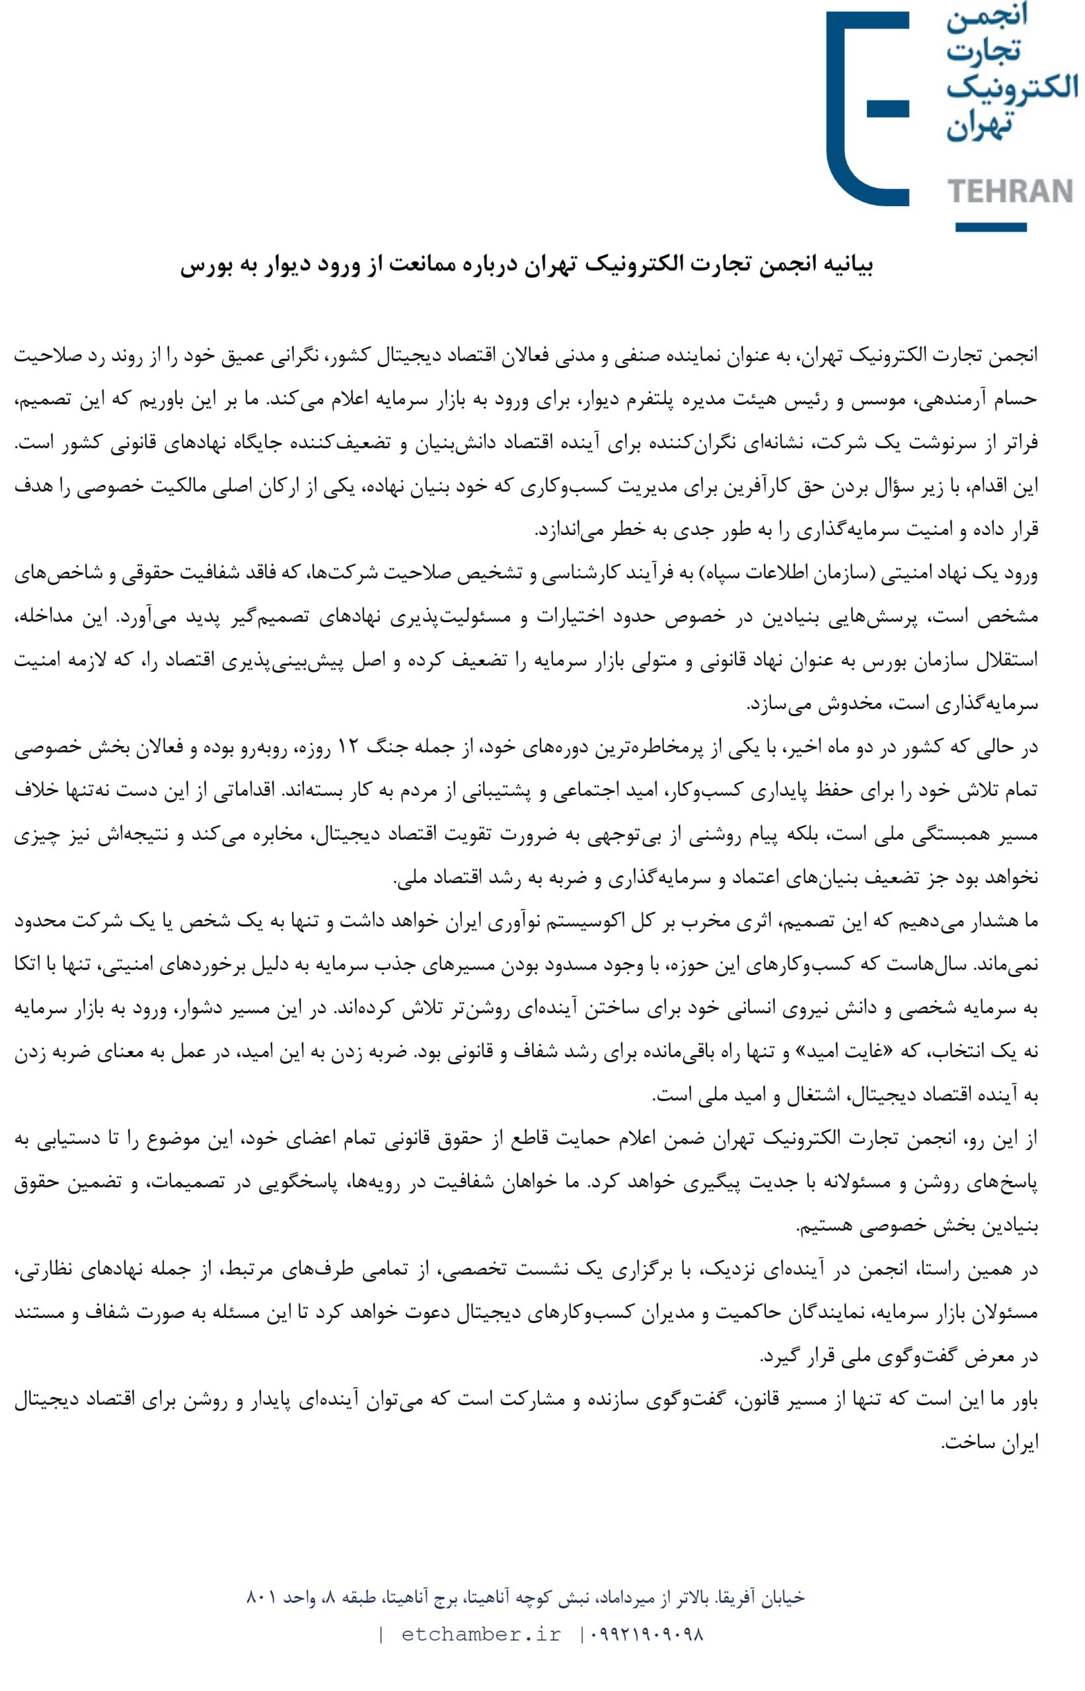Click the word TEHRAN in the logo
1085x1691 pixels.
click(x=1012, y=191)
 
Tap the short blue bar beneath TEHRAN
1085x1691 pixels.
click(x=991, y=227)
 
